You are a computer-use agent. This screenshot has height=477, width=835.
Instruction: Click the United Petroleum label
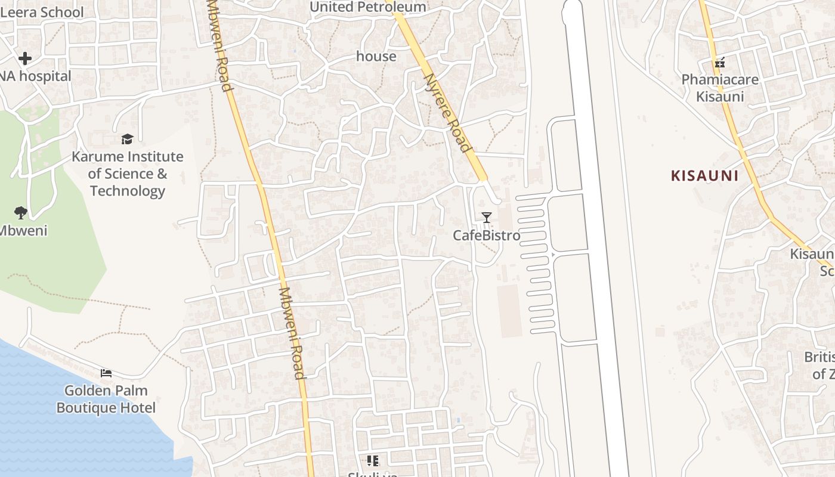(369, 7)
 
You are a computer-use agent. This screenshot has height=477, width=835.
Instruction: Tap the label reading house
(376, 56)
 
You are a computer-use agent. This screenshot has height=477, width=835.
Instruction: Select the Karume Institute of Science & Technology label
(127, 174)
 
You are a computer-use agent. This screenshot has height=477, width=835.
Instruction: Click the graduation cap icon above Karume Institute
(127, 140)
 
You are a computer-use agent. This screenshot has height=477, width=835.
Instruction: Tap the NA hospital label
(36, 76)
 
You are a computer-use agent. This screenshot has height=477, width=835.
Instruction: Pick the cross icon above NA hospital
(24, 58)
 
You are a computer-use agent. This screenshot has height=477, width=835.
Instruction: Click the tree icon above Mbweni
(21, 212)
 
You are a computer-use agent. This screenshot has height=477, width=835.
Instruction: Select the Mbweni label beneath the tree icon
(23, 231)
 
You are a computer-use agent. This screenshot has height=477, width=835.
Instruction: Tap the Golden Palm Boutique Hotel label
(106, 399)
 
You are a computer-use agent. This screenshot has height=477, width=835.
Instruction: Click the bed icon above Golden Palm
(106, 373)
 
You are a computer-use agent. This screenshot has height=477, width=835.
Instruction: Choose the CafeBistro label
(486, 236)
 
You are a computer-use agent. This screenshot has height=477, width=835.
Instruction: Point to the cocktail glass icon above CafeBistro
(487, 218)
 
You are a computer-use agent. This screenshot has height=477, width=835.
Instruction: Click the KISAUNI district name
(704, 176)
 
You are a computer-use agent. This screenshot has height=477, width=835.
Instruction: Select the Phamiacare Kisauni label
(720, 88)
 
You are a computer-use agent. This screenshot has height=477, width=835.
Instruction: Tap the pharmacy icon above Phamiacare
(719, 62)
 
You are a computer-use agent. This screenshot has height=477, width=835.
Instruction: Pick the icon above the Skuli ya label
(373, 460)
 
